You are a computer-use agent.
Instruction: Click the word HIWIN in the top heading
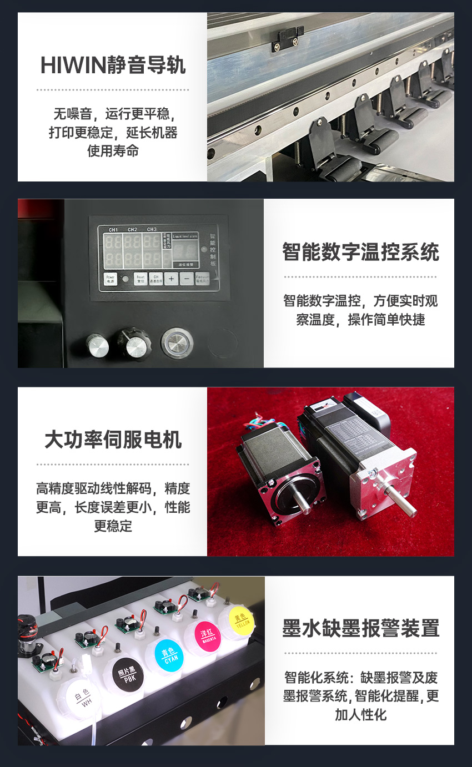coord(73,65)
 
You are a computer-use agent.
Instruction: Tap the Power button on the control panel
coord(110,279)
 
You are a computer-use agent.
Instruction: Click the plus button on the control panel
coord(172,279)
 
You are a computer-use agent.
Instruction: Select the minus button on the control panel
coord(187,279)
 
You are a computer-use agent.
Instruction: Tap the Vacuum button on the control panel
coord(204,279)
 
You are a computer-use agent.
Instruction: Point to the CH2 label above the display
coord(132,229)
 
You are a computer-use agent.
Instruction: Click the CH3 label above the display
coord(152,229)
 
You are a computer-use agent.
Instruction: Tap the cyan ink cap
coord(169,655)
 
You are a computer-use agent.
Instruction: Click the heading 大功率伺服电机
coord(113,440)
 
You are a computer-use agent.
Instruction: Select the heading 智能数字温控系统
coord(360,252)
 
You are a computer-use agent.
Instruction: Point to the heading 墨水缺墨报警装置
coord(360,628)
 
